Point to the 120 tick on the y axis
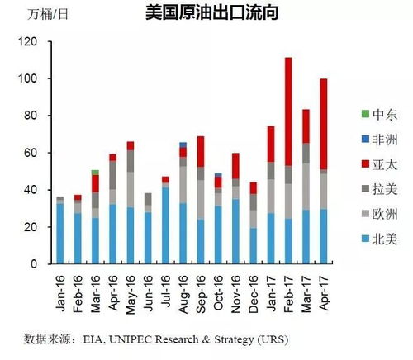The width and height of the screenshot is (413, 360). click(x=26, y=42)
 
